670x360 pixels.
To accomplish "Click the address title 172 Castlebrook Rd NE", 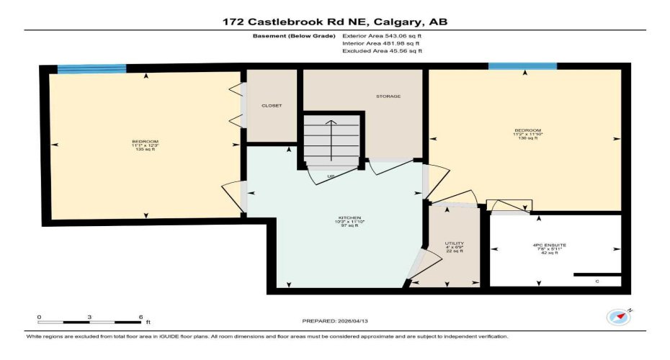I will point(335,22).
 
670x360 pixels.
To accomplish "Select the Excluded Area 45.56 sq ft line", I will point(383,51).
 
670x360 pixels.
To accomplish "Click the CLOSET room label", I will point(272,106).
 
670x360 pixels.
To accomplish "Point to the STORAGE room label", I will point(388,96).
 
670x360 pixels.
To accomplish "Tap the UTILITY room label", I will point(455,243).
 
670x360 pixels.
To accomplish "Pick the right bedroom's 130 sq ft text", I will point(527,138).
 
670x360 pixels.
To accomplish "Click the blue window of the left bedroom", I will point(91,69).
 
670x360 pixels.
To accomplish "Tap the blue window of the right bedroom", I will point(522,66).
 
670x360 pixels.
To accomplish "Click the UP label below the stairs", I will point(331,176).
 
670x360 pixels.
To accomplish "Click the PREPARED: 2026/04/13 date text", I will point(335,321).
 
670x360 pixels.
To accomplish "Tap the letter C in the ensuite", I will point(597,281).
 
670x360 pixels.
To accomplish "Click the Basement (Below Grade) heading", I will point(293,35).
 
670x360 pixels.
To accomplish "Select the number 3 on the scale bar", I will point(89,317).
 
